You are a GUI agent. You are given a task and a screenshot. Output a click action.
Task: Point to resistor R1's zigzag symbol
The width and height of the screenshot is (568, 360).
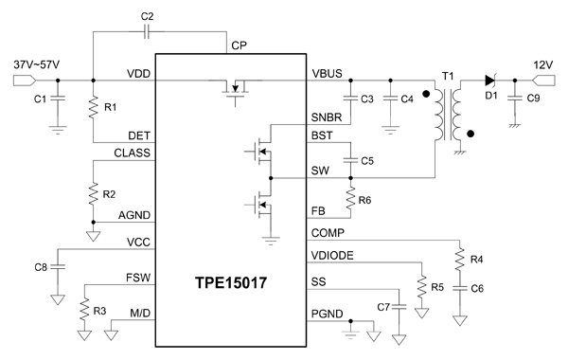click(x=94, y=109)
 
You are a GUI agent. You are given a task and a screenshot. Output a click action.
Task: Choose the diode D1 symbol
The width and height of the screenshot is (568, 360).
click(x=490, y=80)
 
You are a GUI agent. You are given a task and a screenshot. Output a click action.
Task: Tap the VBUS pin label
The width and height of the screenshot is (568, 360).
click(x=327, y=73)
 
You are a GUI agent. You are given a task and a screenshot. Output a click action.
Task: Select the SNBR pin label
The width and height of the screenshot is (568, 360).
click(x=328, y=117)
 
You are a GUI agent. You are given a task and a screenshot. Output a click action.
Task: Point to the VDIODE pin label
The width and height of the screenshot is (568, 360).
click(x=331, y=257)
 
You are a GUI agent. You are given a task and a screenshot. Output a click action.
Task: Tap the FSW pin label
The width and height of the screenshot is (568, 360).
click(x=137, y=281)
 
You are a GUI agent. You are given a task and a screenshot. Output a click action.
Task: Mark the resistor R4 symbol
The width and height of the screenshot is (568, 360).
click(x=459, y=258)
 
